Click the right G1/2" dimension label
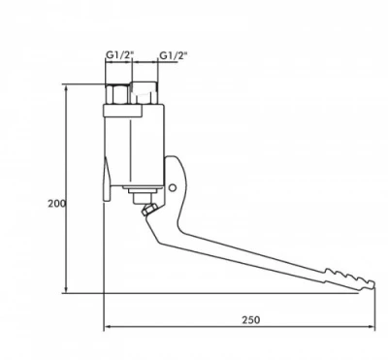[x=174, y=56]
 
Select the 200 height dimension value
[x=56, y=204]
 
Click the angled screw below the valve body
[x=146, y=207]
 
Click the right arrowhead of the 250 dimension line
[x=372, y=327]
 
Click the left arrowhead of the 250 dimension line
[x=108, y=327]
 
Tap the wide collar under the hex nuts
[x=132, y=113]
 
